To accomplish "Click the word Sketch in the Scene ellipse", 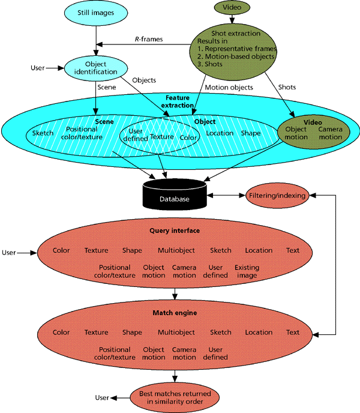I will click(x=43, y=133).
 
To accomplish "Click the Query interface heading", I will click(x=174, y=230).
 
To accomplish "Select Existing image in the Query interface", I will click(x=247, y=271).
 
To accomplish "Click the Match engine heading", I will click(x=174, y=312).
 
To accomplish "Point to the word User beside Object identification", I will click(x=37, y=68).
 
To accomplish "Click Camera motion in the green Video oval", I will click(x=330, y=133).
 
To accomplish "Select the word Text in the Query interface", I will click(x=293, y=250).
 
